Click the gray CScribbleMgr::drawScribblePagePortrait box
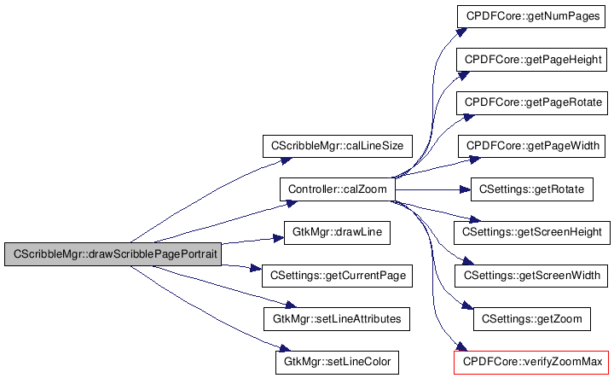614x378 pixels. tap(113, 254)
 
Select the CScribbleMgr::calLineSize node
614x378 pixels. tap(337, 146)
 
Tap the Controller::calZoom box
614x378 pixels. tap(337, 189)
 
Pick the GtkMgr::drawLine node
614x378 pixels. tap(337, 233)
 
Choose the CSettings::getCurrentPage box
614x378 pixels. tap(337, 276)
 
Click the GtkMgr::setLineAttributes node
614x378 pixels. tap(337, 319)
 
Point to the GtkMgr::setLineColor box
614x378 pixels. tap(337, 363)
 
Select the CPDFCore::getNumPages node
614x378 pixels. tap(531, 16)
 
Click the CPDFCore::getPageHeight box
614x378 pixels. tap(531, 60)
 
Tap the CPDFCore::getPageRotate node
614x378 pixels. tap(532, 103)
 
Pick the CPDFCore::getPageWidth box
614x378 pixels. tap(531, 146)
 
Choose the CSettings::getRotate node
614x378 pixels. tap(532, 189)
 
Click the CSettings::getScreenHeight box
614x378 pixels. tap(532, 233)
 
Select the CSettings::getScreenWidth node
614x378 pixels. tap(531, 276)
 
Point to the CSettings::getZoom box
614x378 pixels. tap(532, 319)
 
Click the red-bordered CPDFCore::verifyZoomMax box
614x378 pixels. tap(531, 363)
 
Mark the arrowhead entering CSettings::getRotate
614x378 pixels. tap(466, 190)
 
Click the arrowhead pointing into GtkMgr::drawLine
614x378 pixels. tap(278, 238)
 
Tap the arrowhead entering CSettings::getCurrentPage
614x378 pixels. tap(256, 269)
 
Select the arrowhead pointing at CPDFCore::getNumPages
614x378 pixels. tap(462, 32)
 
